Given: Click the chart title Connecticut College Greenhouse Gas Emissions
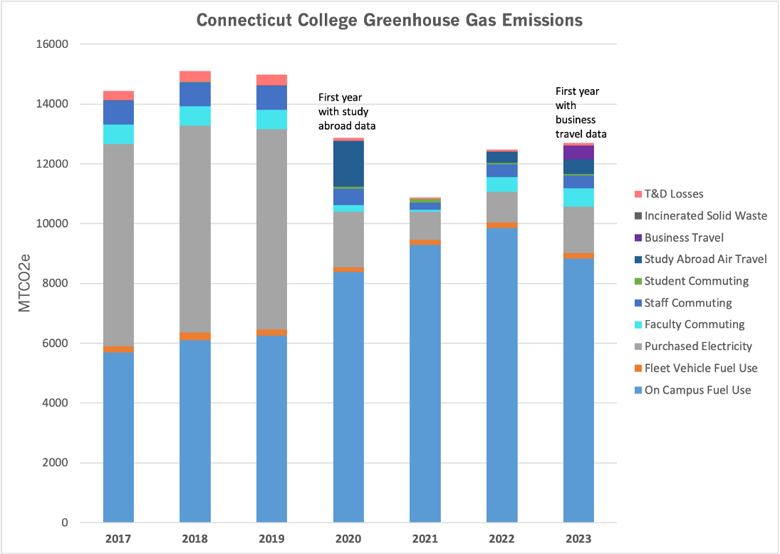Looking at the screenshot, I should click(389, 20).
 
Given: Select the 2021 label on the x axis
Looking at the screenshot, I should click(425, 539).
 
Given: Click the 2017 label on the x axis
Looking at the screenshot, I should click(118, 539).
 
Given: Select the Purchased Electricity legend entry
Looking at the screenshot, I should click(697, 346).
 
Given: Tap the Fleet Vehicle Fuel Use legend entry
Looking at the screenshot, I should click(700, 368).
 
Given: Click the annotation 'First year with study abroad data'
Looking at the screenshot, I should click(347, 112).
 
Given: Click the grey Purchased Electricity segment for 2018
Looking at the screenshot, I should click(195, 229).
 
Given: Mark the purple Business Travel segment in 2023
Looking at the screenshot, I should click(578, 153).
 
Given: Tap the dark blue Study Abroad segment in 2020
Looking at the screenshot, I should click(348, 163).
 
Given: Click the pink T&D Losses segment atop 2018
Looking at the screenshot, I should click(195, 76).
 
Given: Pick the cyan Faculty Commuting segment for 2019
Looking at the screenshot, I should click(271, 120).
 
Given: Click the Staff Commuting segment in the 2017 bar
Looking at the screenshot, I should click(118, 113).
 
